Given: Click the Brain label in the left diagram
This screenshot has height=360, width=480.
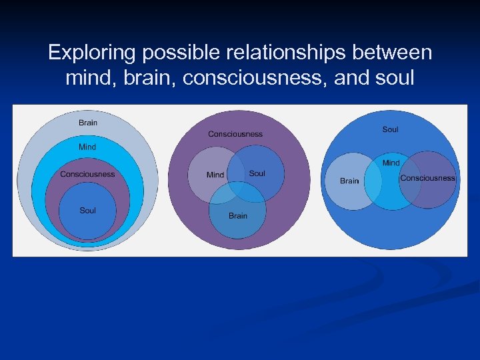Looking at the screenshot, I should tap(88, 123).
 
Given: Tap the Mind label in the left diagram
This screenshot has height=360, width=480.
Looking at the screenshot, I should tap(87, 147).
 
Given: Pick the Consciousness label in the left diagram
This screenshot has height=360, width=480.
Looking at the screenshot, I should tap(87, 175).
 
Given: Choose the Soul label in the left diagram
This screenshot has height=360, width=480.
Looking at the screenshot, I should tap(87, 211).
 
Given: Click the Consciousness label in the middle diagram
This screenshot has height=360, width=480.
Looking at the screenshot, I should tap(235, 134).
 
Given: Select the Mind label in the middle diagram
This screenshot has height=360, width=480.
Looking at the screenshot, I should tap(215, 175).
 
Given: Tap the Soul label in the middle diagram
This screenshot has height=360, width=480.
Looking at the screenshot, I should tap(257, 173).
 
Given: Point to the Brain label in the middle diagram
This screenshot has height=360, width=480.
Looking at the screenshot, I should tap(238, 216).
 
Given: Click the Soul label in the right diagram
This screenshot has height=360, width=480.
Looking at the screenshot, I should tap(391, 129).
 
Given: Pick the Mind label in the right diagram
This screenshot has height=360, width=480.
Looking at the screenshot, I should tap(391, 163).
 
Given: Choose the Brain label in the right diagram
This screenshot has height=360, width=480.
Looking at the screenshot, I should tap(349, 181).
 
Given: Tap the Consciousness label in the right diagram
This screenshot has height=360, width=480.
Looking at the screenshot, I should tap(427, 178).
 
